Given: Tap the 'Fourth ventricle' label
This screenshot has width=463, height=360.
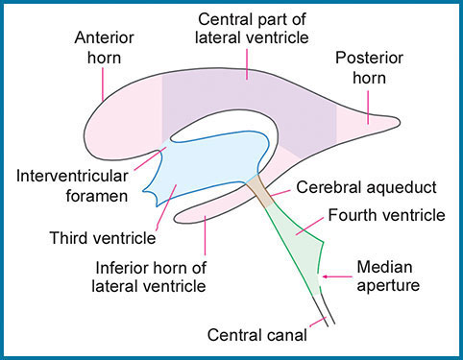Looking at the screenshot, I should [x=388, y=215].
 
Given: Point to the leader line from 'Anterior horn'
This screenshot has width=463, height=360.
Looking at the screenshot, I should [x=102, y=82].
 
